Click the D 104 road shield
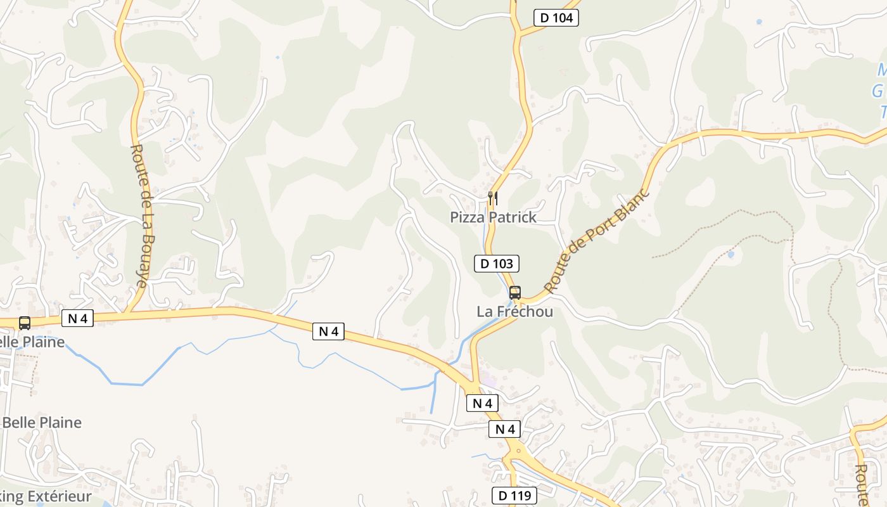556,18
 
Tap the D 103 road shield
497,264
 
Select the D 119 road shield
514,496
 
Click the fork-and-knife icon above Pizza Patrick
493,198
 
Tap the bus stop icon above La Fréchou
515,292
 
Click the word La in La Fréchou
485,312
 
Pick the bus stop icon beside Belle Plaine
25,323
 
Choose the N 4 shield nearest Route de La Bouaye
77,318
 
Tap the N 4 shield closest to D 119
505,430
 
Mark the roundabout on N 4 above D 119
519,451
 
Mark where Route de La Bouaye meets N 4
127,312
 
